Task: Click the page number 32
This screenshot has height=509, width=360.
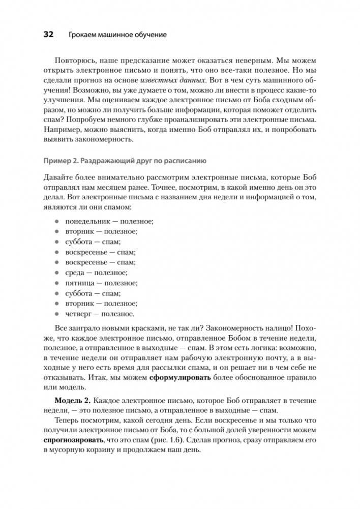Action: (49, 35)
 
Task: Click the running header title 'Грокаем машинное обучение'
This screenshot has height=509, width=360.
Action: (117, 35)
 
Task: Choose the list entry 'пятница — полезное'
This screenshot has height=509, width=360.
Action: (101, 283)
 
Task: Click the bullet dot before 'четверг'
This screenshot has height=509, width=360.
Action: (56, 314)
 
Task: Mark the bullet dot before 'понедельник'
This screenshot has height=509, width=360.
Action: (56, 221)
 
